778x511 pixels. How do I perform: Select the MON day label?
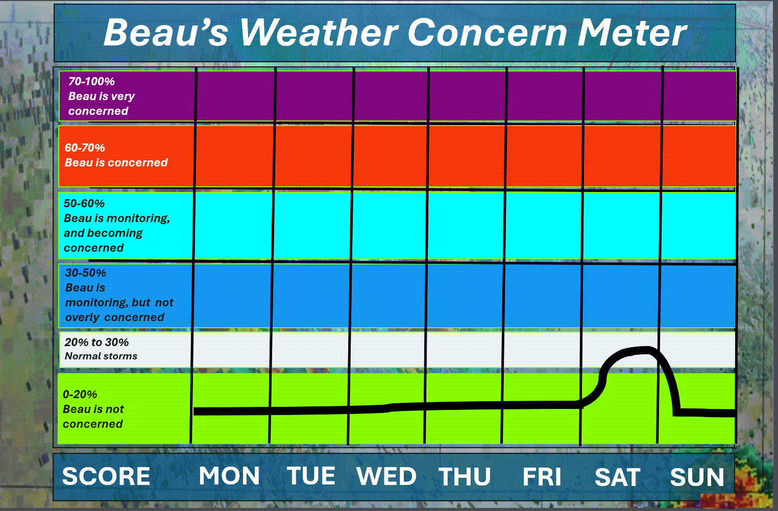click(229, 476)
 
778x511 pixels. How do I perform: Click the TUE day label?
click(311, 476)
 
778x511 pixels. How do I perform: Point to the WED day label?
click(386, 476)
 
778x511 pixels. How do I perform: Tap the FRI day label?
click(542, 477)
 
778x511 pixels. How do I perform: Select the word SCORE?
click(106, 476)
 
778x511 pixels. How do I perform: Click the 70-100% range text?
click(92, 81)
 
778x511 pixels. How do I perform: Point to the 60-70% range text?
click(85, 148)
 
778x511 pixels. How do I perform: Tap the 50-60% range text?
click(84, 203)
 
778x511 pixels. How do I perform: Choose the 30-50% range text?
click(86, 273)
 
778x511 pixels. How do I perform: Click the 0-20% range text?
click(80, 394)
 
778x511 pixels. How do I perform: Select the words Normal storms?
click(101, 356)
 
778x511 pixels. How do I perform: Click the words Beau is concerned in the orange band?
click(116, 162)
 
